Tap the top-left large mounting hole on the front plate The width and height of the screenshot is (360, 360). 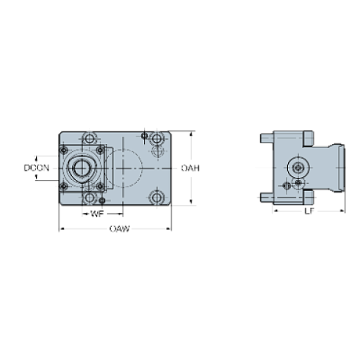(x=90, y=138)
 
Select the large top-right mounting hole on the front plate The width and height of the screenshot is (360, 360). (x=156, y=138)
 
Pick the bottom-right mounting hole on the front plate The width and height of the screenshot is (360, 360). (x=156, y=198)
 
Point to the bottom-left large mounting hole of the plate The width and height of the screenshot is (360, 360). (x=90, y=198)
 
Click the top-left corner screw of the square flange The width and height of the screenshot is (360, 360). (x=64, y=152)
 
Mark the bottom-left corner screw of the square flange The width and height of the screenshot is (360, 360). (x=64, y=184)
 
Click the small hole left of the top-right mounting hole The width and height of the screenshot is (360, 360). (x=145, y=135)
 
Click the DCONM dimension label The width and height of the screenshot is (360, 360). (x=37, y=168)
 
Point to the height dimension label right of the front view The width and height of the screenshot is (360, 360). (x=190, y=168)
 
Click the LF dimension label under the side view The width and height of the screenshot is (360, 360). (x=309, y=211)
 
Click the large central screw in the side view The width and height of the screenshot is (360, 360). (x=298, y=168)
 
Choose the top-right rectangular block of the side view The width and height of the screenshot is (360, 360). (x=306, y=137)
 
